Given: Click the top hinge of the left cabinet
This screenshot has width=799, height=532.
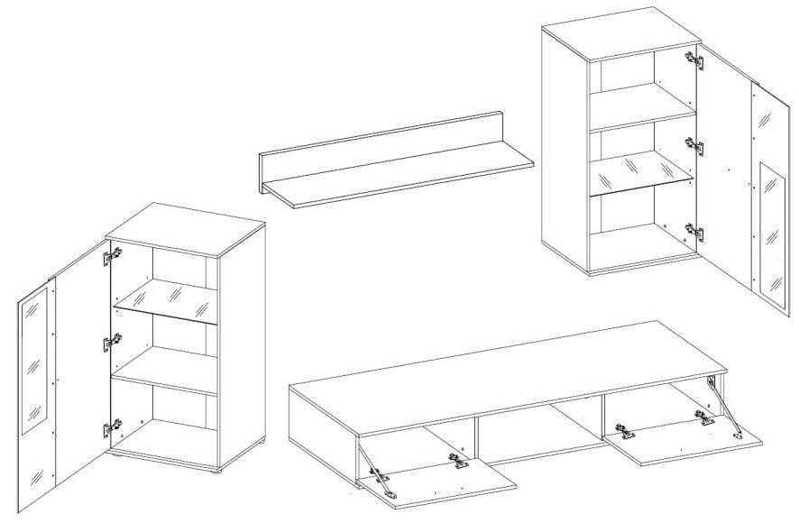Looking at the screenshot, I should (112, 258).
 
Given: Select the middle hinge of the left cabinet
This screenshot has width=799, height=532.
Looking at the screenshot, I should (113, 344).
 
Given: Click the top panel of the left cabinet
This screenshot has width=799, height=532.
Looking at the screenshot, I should (185, 228).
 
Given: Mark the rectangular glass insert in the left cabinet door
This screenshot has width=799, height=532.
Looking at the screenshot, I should (33, 361).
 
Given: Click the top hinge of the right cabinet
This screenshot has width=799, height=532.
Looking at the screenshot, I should (694, 61).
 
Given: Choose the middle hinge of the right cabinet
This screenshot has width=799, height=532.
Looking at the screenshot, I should (694, 145).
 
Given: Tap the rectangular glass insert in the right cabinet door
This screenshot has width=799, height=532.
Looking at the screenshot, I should (771, 231).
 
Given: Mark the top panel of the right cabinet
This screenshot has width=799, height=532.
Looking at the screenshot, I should (622, 33).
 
